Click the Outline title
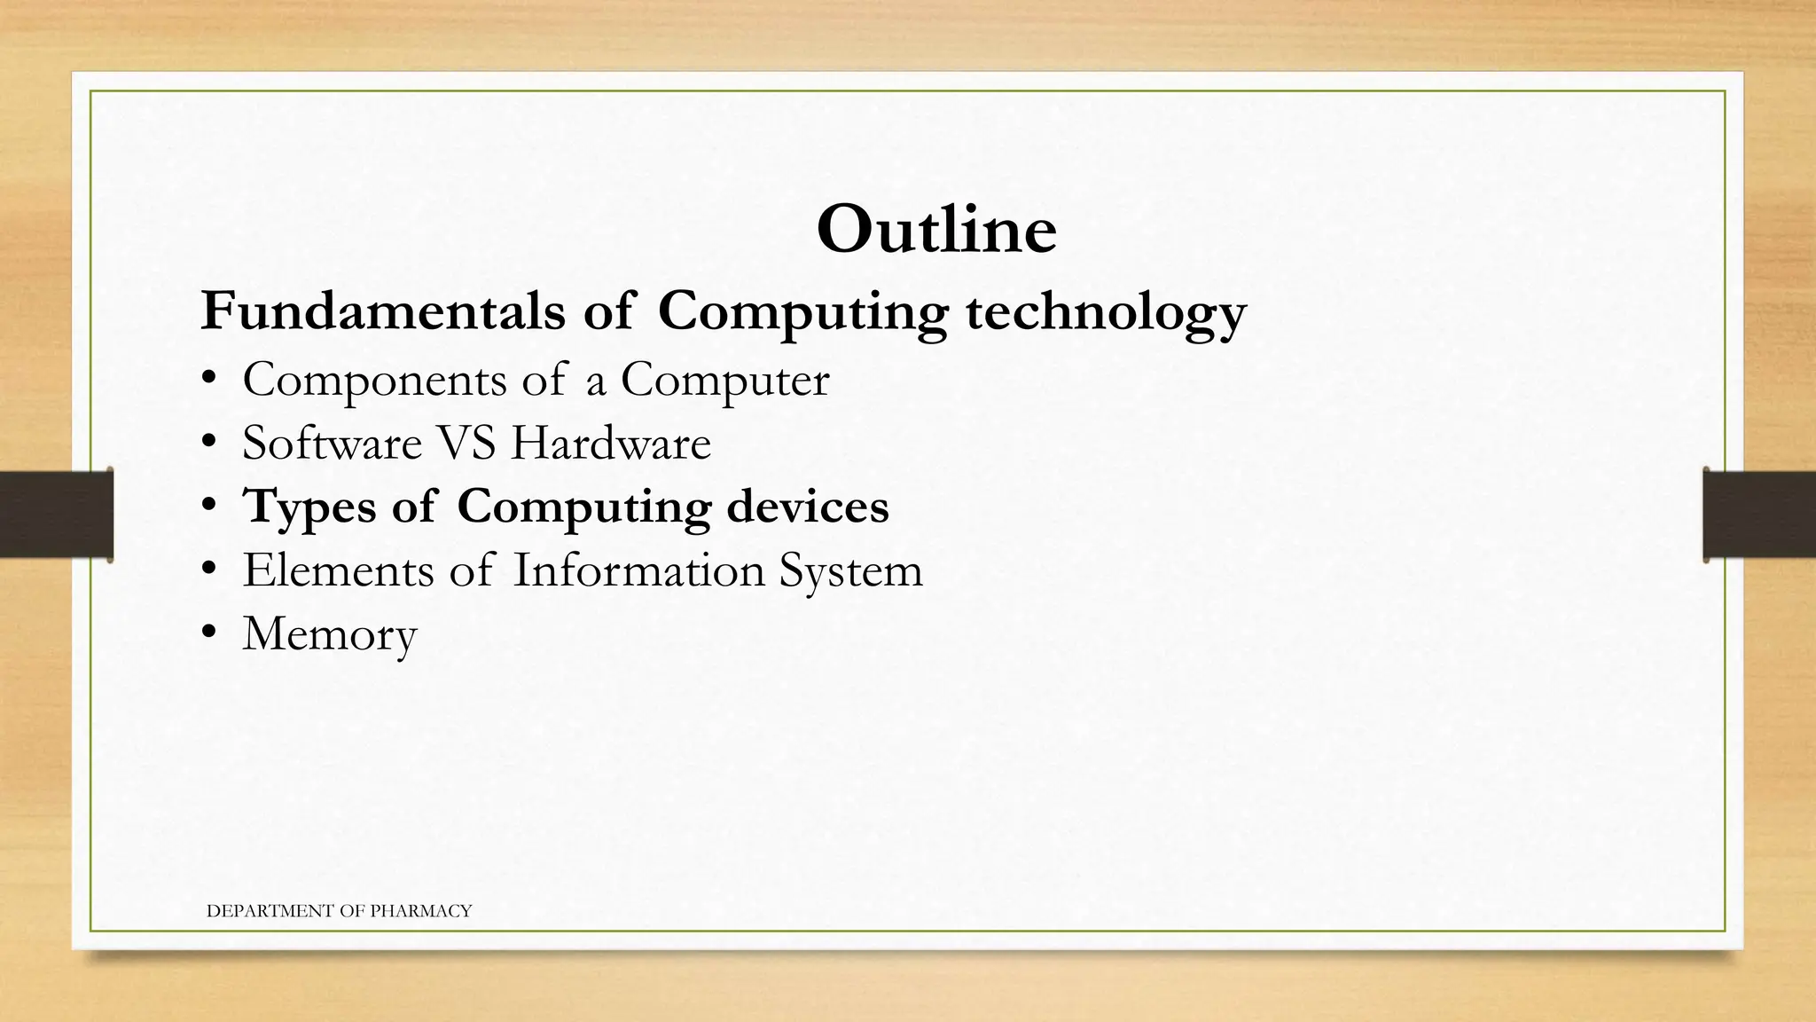point(935,230)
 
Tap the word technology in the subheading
point(1106,313)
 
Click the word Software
point(332,443)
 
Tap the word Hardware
point(611,443)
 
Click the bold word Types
point(309,507)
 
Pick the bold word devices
point(807,506)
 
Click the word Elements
point(338,570)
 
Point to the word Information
point(638,570)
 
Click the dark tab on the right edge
point(1759,515)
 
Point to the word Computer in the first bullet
point(724,381)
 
